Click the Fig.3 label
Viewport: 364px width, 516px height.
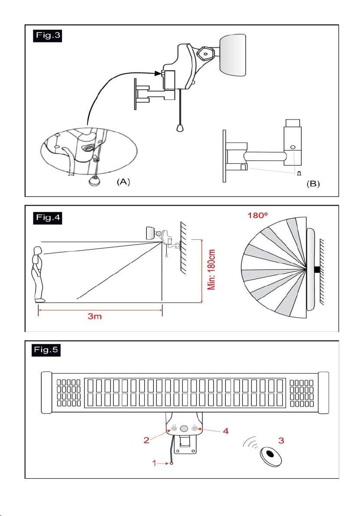pyautogui.click(x=47, y=36)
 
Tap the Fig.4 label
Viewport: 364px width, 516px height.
pyautogui.click(x=47, y=218)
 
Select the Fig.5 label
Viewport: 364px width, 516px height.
pyautogui.click(x=46, y=350)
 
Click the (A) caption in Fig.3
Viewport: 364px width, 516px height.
pyautogui.click(x=123, y=182)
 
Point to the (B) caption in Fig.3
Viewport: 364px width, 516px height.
pyautogui.click(x=313, y=184)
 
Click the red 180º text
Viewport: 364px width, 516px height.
pyautogui.click(x=257, y=216)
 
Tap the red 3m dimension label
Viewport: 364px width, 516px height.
pyautogui.click(x=94, y=316)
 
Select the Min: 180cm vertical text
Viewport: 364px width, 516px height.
pyautogui.click(x=211, y=270)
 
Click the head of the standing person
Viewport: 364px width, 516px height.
pyautogui.click(x=38, y=251)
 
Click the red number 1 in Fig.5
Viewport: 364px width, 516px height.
pyautogui.click(x=154, y=463)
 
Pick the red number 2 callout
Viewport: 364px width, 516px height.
pyautogui.click(x=146, y=440)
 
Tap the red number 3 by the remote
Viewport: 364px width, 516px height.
pyautogui.click(x=281, y=440)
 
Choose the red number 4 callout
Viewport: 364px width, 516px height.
pyautogui.click(x=226, y=431)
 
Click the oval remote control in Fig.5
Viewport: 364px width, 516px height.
pyautogui.click(x=270, y=456)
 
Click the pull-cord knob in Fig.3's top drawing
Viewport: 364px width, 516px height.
pyautogui.click(x=180, y=128)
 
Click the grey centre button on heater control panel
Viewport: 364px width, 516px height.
pyautogui.click(x=184, y=429)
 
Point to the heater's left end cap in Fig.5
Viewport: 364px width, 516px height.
pyautogui.click(x=46, y=393)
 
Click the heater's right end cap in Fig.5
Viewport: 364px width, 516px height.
pyautogui.click(x=323, y=393)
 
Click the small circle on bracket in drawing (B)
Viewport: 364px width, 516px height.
pyautogui.click(x=293, y=148)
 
